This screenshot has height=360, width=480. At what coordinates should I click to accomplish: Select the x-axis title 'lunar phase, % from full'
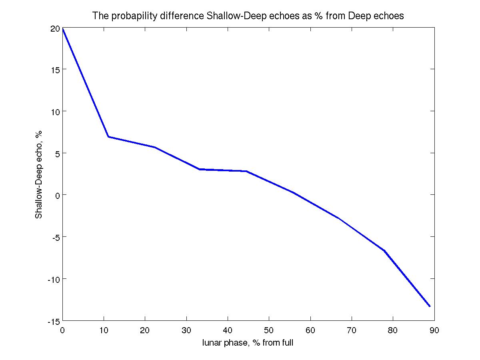pyautogui.click(x=248, y=343)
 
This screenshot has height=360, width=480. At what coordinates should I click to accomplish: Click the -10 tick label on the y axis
pyautogui.click(x=53, y=279)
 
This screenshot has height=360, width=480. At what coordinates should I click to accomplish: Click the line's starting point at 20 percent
pyautogui.click(x=63, y=29)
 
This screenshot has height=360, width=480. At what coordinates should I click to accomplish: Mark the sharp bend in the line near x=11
pyautogui.click(x=108, y=137)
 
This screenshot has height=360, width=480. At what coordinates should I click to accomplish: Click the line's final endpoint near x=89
pyautogui.click(x=430, y=306)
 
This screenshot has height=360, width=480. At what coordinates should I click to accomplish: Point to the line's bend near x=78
pyautogui.click(x=384, y=251)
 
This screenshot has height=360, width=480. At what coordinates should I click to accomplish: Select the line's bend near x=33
pyautogui.click(x=199, y=169)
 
